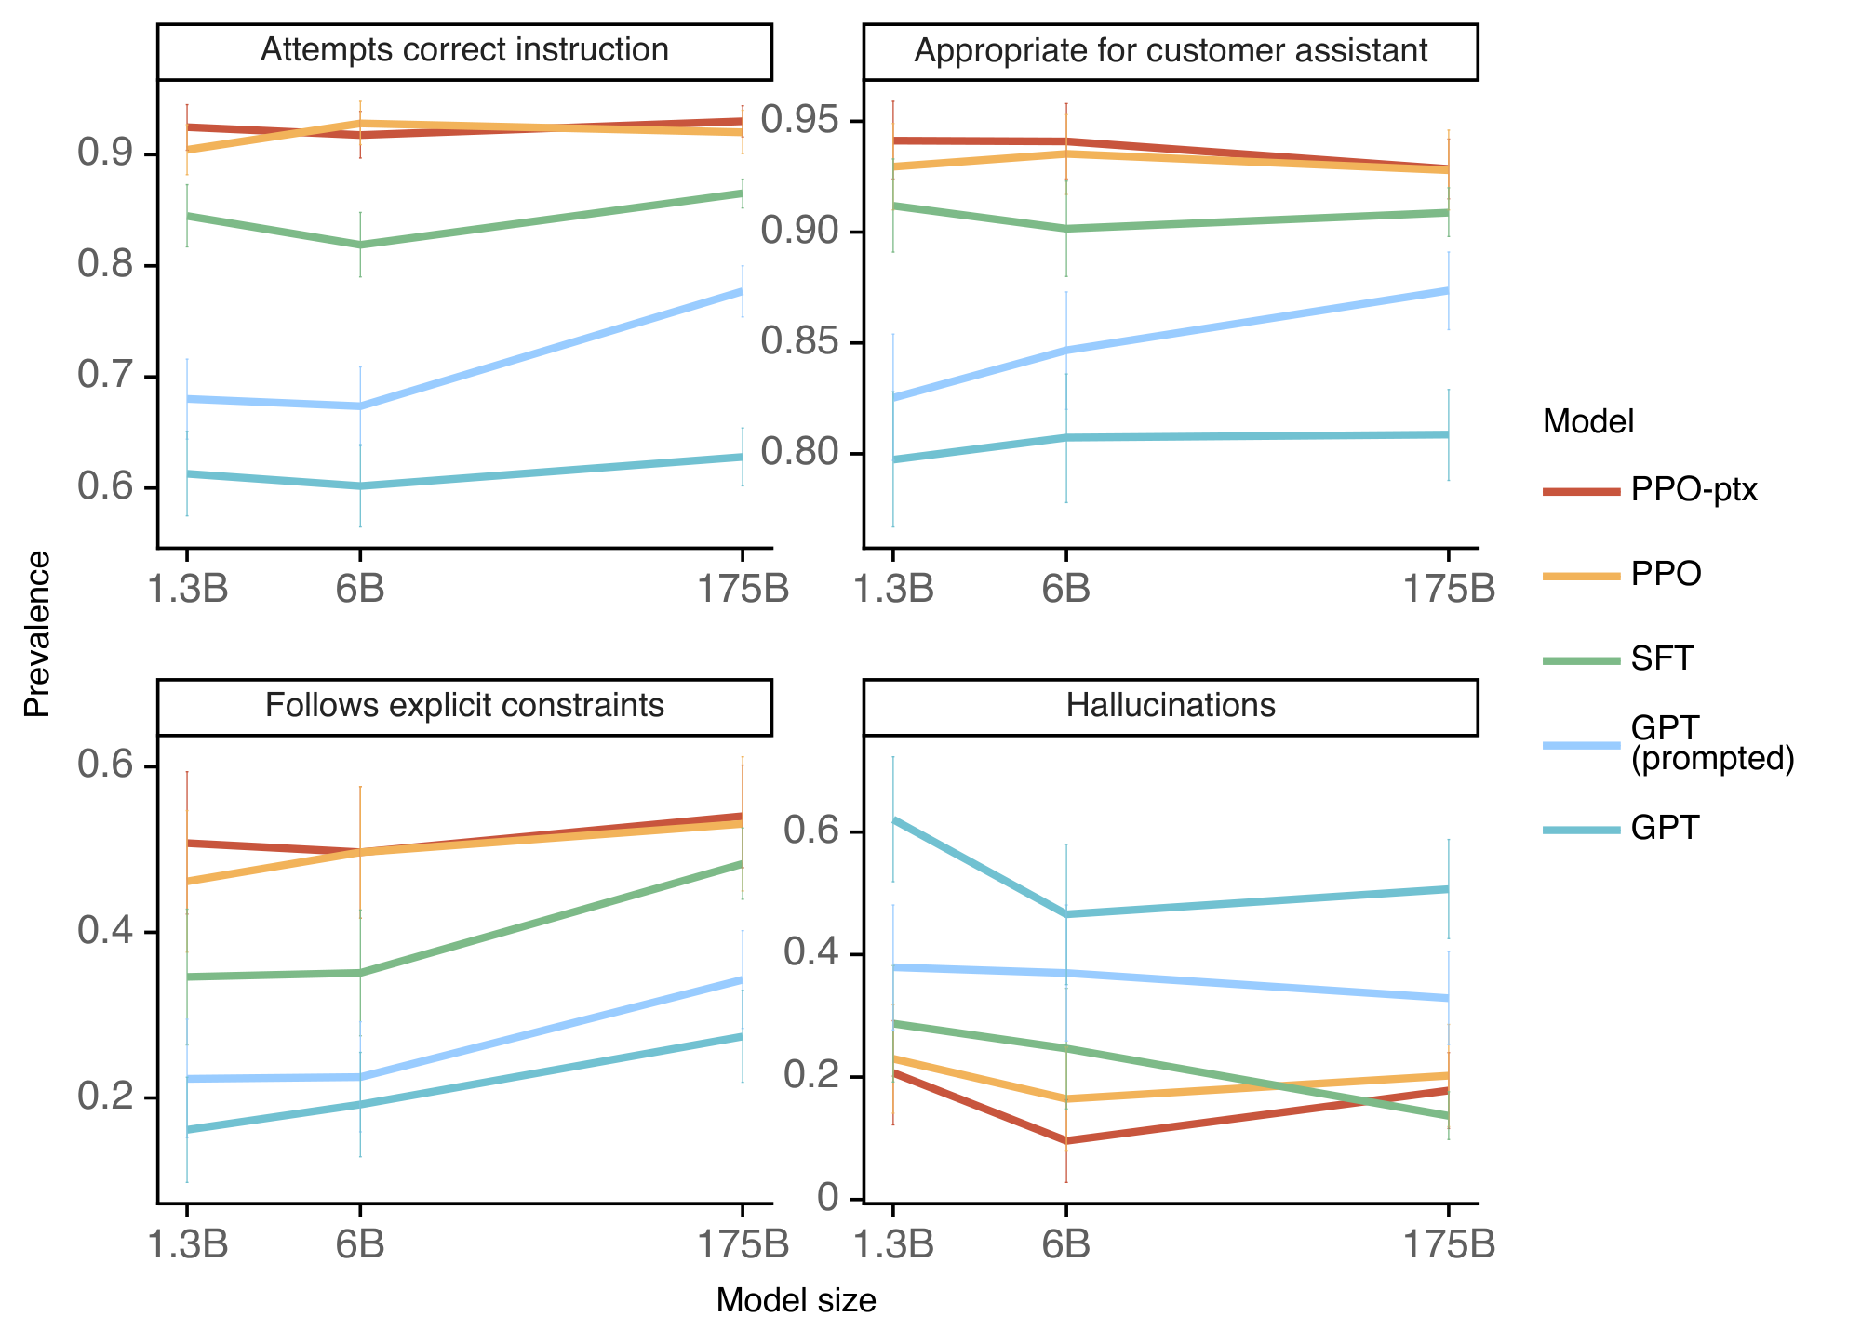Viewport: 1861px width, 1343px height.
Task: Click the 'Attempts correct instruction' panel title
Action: click(464, 50)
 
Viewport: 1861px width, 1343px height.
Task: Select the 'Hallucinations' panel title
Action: click(1171, 706)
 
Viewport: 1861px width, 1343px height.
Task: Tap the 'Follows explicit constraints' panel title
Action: click(464, 706)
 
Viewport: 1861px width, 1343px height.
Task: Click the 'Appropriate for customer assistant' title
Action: click(1171, 50)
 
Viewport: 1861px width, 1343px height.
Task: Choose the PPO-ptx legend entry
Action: click(1693, 489)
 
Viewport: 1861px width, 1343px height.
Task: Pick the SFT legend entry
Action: click(1662, 658)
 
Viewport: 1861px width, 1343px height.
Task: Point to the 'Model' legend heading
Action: click(1588, 422)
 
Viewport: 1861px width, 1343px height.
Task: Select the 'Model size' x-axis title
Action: click(796, 1300)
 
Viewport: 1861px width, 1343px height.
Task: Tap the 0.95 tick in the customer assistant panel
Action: click(799, 121)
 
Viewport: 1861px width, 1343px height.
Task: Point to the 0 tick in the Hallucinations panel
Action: click(828, 1199)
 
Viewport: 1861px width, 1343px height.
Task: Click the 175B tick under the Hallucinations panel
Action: click(1448, 1244)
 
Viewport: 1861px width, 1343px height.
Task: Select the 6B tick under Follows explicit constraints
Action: click(360, 1244)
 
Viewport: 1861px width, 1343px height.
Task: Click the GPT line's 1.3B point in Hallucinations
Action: click(893, 819)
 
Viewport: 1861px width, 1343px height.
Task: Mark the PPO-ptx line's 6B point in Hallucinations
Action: click(1066, 1140)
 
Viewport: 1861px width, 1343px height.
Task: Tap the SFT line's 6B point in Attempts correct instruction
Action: click(360, 246)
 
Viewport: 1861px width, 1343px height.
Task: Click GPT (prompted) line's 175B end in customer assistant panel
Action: click(1447, 290)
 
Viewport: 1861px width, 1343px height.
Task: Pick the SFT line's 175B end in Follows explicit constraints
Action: click(742, 864)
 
